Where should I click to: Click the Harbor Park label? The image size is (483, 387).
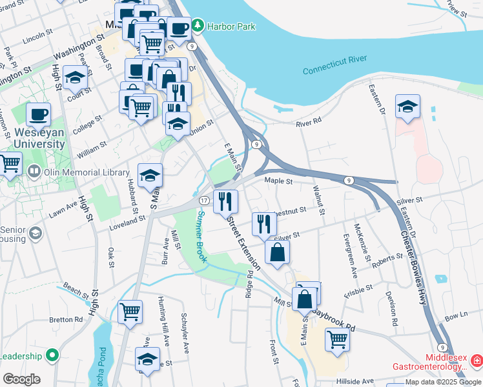pyautogui.click(x=231, y=26)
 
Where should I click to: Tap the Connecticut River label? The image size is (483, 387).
pyautogui.click(x=334, y=64)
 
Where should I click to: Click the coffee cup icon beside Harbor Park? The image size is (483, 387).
pyautogui.click(x=178, y=28)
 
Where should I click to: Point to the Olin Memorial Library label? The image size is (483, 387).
pyautogui.click(x=81, y=172)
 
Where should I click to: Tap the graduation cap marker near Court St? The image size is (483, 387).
pyautogui.click(x=75, y=78)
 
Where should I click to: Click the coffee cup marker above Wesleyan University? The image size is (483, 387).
pyautogui.click(x=38, y=114)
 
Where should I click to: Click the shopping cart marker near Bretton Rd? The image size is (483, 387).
pyautogui.click(x=130, y=312)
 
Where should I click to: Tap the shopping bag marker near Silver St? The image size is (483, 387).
pyautogui.click(x=277, y=253)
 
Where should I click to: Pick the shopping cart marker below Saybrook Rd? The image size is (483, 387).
pyautogui.click(x=337, y=339)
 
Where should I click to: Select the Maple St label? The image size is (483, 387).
pyautogui.click(x=280, y=182)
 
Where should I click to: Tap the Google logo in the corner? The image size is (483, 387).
pyautogui.click(x=21, y=379)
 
